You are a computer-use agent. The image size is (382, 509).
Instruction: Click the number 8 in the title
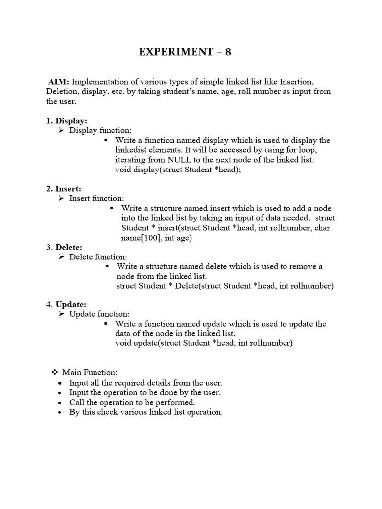228,52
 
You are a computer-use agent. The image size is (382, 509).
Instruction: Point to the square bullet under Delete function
107,267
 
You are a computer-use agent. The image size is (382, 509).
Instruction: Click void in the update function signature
123,343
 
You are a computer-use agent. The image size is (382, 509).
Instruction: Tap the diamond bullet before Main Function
55,372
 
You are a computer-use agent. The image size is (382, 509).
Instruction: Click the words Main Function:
90,372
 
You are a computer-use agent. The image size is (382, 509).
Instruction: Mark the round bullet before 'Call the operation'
60,402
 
